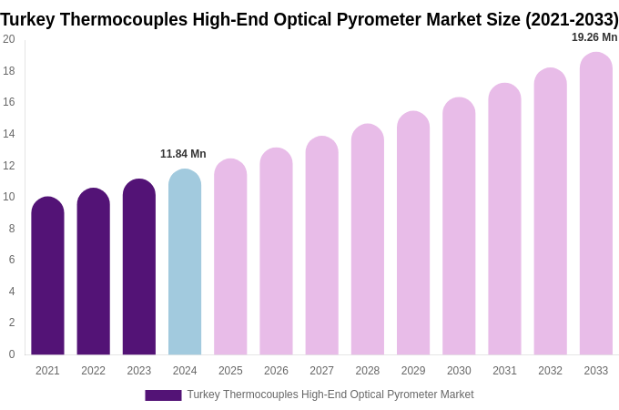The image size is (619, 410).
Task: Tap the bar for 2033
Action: (596, 204)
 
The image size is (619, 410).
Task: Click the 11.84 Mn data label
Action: (183, 154)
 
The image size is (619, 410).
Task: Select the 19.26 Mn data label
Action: (594, 37)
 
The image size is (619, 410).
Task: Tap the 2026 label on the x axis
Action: (276, 371)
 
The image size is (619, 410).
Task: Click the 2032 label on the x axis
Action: (550, 371)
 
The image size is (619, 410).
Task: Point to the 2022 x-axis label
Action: (93, 371)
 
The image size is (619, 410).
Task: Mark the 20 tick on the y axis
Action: (9, 39)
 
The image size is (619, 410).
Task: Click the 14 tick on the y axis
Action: (9, 134)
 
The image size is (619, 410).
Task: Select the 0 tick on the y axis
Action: (11, 354)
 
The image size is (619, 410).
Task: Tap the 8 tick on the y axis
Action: (11, 229)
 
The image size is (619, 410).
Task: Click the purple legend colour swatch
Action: (163, 395)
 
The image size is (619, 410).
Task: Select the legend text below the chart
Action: (330, 395)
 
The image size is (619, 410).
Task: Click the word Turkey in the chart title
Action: (29, 19)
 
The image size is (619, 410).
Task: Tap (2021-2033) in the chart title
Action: (572, 19)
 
